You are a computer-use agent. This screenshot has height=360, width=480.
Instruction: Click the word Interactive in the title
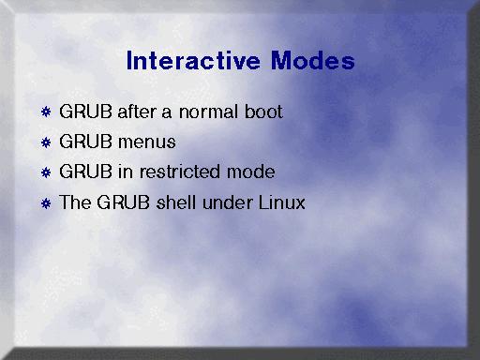point(193,60)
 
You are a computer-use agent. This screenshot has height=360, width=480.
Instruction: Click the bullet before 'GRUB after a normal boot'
point(46,112)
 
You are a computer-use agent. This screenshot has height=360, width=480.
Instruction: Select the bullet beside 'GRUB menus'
point(46,142)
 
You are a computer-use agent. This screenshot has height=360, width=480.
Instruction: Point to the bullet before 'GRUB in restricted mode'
point(46,172)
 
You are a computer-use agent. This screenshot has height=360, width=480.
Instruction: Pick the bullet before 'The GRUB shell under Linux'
point(46,203)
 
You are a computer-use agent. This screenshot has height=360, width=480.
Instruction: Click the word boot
point(263,112)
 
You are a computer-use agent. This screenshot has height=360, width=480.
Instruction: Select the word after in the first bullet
point(137,112)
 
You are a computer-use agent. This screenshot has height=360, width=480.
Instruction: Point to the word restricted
point(180,172)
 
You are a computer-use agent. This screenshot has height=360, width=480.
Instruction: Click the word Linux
point(282,202)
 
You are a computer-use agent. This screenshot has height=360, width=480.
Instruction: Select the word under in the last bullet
point(228,202)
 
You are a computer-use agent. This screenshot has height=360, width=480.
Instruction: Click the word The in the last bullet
point(75,202)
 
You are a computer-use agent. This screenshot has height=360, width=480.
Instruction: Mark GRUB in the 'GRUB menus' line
point(85,142)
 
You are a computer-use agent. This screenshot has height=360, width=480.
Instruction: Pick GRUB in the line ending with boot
point(85,112)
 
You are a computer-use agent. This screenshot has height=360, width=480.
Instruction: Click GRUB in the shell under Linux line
point(124,202)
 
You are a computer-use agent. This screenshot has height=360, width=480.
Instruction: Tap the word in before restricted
point(126,172)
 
